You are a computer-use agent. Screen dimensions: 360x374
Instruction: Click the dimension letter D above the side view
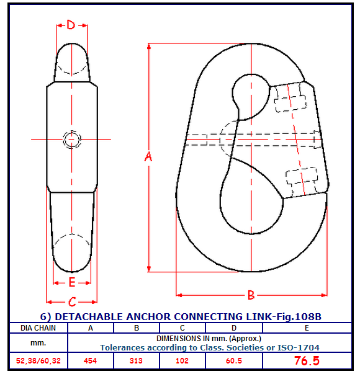71,25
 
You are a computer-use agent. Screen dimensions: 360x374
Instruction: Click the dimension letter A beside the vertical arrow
148,157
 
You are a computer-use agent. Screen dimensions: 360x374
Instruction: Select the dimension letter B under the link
251,295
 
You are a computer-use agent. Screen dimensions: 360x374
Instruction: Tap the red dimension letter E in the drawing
72,282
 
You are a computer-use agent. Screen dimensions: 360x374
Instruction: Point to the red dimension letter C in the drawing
72,301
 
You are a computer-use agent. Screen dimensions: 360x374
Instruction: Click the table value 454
90,360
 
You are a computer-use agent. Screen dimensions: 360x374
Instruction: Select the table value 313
136,360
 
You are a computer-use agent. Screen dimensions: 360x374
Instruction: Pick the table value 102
182,360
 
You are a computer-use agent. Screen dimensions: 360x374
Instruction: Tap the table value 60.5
234,360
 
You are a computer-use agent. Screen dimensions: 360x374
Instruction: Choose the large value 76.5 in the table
307,360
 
